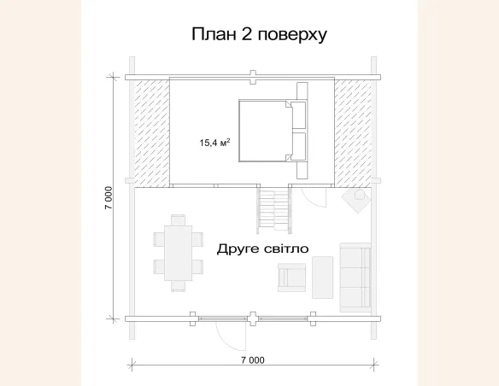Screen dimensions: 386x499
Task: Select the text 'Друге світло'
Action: pos(262,248)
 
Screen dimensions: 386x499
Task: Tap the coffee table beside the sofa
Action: pos(323,277)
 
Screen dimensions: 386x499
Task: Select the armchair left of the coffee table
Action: pos(292,276)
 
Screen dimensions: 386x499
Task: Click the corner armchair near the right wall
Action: pos(355,200)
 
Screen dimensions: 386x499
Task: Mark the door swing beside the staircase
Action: pos(314,197)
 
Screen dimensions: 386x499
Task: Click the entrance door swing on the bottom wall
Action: pos(232,336)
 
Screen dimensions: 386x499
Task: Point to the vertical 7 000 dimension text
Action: pos(109,197)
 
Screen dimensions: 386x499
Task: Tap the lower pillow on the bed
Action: pos(299,145)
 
